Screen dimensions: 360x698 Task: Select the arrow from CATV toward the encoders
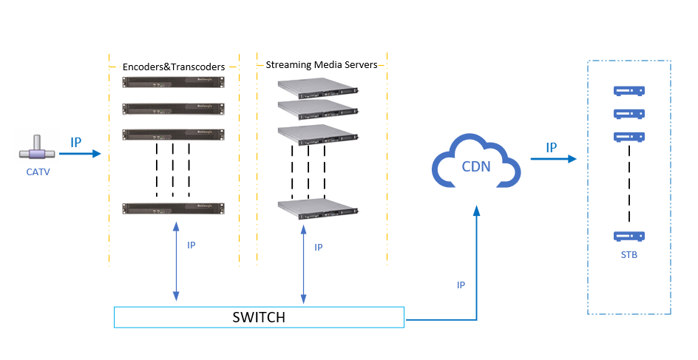pyautogui.click(x=80, y=154)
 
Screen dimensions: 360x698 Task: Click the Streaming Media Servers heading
pyautogui.click(x=322, y=65)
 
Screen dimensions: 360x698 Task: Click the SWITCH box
pyautogui.click(x=259, y=317)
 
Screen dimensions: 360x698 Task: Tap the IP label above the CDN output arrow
pyautogui.click(x=552, y=147)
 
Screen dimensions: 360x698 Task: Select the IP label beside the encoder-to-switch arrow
pyautogui.click(x=191, y=245)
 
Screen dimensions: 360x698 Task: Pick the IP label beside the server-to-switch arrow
pyautogui.click(x=319, y=248)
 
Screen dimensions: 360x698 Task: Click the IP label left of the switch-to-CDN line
pyautogui.click(x=461, y=285)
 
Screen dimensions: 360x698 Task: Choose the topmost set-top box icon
pyautogui.click(x=628, y=91)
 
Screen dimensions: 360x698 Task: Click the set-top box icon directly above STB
pyautogui.click(x=628, y=237)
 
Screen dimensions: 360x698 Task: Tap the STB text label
pyautogui.click(x=629, y=256)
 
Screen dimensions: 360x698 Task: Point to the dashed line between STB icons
pyautogui.click(x=629, y=185)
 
